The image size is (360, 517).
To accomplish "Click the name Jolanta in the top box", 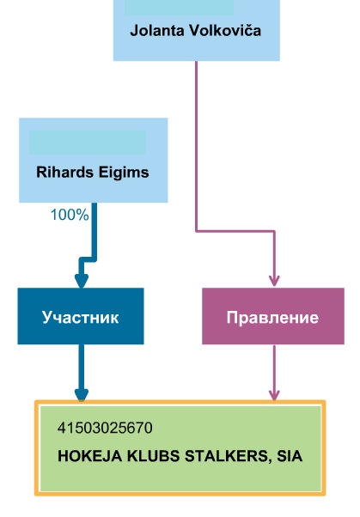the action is [157, 31].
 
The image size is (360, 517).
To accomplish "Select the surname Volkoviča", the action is [225, 30].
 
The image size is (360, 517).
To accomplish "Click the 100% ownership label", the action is [70, 215].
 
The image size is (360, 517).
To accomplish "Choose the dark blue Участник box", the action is [81, 316].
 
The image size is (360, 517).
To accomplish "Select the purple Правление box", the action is [273, 316].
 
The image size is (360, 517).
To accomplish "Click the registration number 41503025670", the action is [105, 428].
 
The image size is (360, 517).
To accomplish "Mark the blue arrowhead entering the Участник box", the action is [81, 281].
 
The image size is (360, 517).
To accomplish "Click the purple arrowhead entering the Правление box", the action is [274, 281].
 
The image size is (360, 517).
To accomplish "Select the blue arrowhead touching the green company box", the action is [82, 395].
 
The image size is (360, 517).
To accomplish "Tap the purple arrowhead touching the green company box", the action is [274, 395].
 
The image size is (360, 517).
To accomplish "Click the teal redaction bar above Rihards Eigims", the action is [88, 143].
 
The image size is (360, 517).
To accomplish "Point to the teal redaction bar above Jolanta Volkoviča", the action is [180, 7].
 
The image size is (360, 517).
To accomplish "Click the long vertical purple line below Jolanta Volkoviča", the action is [197, 146].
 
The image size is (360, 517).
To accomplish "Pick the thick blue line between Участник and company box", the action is [82, 367].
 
